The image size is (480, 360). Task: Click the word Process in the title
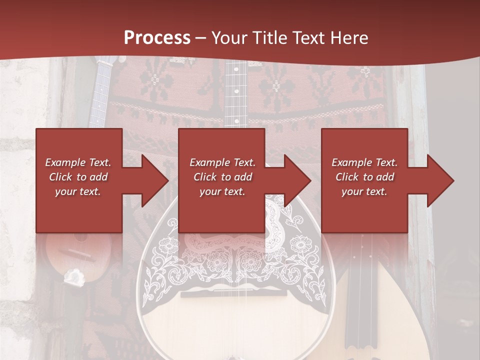[157, 37]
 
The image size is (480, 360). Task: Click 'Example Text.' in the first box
[78, 162]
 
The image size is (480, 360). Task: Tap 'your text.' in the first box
[78, 191]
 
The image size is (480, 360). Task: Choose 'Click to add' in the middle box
[222, 177]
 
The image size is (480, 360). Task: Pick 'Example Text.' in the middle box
[222, 162]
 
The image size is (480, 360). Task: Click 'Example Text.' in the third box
[364, 162]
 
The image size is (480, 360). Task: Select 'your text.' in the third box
[364, 191]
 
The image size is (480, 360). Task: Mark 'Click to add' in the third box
[364, 177]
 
